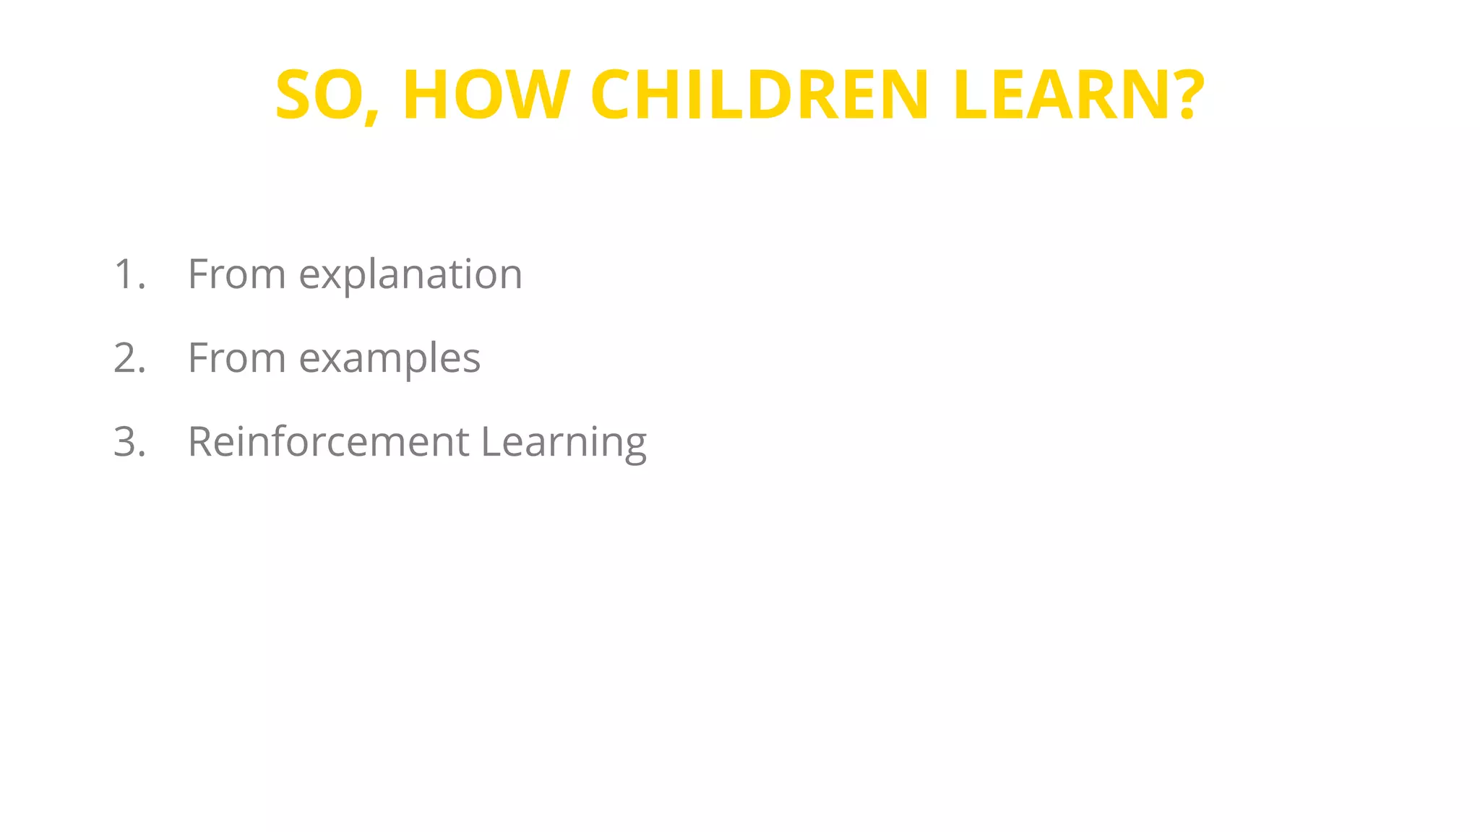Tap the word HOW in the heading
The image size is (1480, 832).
click(x=486, y=95)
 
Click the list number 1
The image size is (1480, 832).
click(x=129, y=274)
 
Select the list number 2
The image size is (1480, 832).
click(x=129, y=358)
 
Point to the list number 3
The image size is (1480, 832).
click(x=129, y=442)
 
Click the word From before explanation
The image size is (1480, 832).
click(x=237, y=274)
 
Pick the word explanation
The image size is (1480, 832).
click(x=410, y=276)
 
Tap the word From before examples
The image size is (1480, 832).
click(x=237, y=358)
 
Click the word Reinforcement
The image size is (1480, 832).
click(x=329, y=442)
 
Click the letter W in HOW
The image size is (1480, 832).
click(x=533, y=95)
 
